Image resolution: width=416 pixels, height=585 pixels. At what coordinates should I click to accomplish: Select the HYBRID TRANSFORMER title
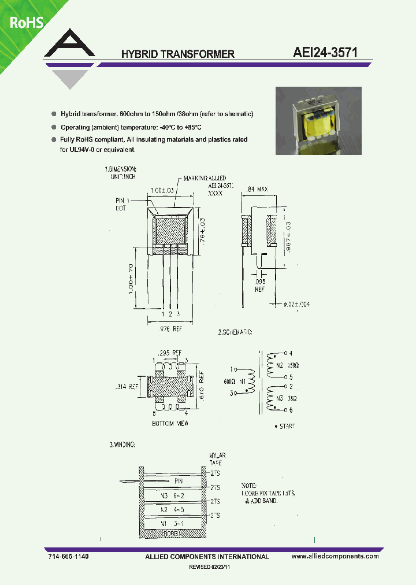coord(177,54)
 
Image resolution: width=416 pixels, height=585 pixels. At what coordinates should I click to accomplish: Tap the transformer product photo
coord(318,121)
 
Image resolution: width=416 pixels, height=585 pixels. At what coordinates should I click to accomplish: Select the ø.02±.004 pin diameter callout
coord(297,304)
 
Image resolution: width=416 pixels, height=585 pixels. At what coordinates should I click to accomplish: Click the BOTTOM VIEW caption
coord(170,423)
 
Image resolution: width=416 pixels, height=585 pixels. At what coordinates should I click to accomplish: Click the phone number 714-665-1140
coord(68,556)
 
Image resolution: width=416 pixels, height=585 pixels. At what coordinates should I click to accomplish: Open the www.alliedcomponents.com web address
coord(335,556)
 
